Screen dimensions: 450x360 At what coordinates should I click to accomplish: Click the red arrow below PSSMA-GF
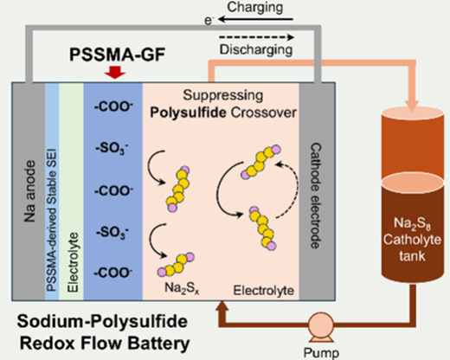[115, 73]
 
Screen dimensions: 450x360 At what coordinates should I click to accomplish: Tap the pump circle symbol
[321, 325]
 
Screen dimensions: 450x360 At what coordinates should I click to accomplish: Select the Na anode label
[29, 191]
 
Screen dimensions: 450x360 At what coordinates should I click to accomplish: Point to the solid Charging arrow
[255, 19]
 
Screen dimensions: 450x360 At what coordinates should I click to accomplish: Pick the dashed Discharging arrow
[256, 37]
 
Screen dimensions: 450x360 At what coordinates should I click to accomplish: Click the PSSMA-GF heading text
[118, 55]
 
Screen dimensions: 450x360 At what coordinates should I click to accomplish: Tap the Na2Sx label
[182, 288]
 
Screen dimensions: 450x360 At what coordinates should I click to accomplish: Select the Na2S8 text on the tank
[412, 223]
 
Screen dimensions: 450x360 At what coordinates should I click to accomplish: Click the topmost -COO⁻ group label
[113, 107]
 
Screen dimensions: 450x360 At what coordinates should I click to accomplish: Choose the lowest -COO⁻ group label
[113, 273]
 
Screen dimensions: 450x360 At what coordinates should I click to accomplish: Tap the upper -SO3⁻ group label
[112, 149]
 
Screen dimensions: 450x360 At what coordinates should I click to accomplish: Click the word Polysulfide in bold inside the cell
[188, 112]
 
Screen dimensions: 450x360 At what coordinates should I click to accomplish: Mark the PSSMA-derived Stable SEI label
[52, 220]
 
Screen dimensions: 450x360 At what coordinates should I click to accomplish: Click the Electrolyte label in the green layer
[72, 262]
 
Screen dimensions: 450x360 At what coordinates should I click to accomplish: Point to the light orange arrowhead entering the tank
[412, 106]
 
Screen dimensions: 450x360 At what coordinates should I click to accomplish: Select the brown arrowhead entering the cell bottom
[222, 305]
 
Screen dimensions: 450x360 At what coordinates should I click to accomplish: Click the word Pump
[321, 353]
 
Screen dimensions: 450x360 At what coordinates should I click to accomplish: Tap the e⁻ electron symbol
[209, 21]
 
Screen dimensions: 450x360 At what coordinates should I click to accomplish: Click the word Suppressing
[223, 95]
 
